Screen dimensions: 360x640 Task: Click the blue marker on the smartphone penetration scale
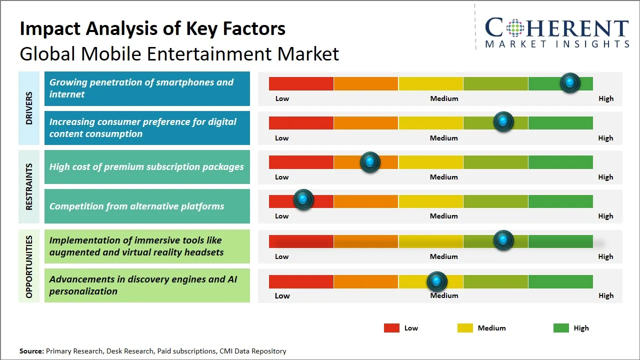coord(570,83)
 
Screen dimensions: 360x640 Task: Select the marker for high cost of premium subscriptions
coord(370,162)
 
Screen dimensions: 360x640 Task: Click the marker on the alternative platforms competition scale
coord(303,200)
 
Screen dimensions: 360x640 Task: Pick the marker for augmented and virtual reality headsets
coord(503,240)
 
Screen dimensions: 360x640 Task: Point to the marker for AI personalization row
coord(437,281)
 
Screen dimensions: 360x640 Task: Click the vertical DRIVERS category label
coord(29,108)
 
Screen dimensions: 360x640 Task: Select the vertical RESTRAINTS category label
coord(29,186)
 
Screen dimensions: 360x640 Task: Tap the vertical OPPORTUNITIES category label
coord(29,266)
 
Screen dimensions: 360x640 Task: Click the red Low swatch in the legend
coord(391,328)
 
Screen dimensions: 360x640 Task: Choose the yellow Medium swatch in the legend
coord(465,328)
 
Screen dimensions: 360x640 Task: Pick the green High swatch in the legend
coord(561,328)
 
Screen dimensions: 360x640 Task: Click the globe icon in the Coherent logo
coord(514,28)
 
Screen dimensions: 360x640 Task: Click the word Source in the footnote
coord(31,351)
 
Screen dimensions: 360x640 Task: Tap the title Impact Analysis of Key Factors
coord(152,28)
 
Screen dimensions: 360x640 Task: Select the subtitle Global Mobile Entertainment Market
coord(179,53)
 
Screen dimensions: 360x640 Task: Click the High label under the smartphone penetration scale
coord(605,98)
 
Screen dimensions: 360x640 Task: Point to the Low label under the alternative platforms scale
coord(281,216)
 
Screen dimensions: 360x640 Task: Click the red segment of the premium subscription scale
coord(301,162)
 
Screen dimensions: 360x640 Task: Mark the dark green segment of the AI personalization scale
coord(560,281)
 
